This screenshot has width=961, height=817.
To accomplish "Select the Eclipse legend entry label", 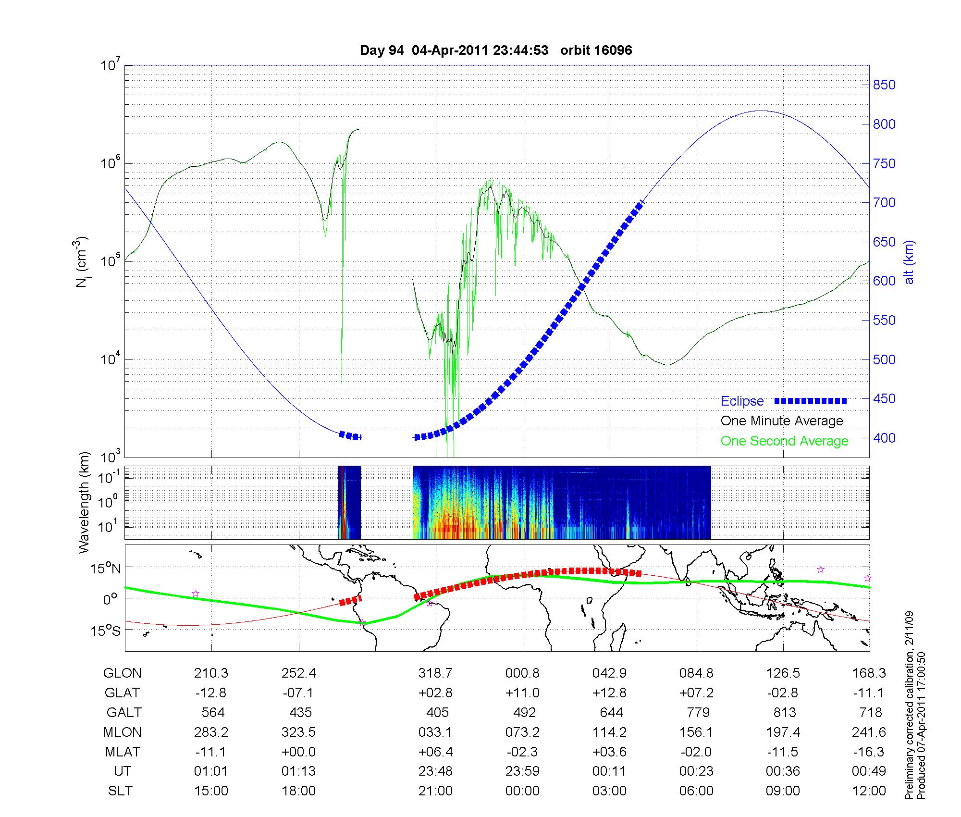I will click(742, 401).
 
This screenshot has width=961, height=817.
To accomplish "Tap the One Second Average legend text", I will click(784, 441).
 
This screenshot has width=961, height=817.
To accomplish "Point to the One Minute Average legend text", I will click(782, 421).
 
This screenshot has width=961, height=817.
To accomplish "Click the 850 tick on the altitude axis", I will click(884, 85).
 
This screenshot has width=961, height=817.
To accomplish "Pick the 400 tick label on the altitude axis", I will click(884, 438).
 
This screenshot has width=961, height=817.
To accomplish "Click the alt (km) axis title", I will click(909, 262).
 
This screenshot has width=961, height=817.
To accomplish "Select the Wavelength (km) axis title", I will click(85, 502).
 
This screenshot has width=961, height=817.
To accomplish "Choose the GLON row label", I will click(122, 673).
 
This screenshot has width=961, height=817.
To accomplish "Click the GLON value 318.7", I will click(435, 673).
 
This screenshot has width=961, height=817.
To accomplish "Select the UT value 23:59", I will click(523, 771).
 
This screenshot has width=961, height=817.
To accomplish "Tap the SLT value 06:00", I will click(697, 791).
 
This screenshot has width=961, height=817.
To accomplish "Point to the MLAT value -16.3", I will click(869, 752).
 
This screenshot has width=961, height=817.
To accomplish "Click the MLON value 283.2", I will click(211, 732).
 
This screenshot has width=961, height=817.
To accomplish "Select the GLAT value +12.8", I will click(609, 693).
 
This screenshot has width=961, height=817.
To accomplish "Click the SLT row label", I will click(120, 791).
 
